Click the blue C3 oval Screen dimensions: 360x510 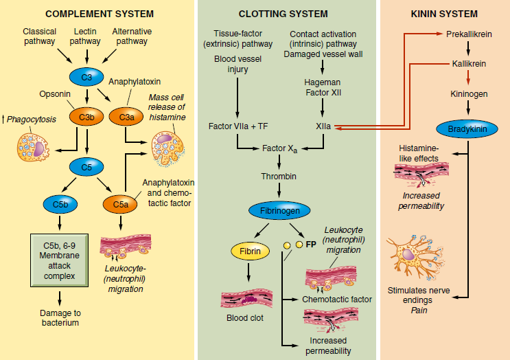(86, 76)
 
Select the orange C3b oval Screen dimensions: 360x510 (86, 117)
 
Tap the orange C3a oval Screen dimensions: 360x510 (126, 117)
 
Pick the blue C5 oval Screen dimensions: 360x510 (86, 166)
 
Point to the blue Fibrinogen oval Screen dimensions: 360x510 (278, 210)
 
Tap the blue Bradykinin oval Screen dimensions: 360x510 (468, 128)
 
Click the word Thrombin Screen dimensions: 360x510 (278, 177)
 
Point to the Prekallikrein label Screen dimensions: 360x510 (468, 33)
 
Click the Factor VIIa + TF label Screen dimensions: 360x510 (237, 126)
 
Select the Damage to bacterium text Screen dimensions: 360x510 (58, 317)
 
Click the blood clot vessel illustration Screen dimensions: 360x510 (248, 299)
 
